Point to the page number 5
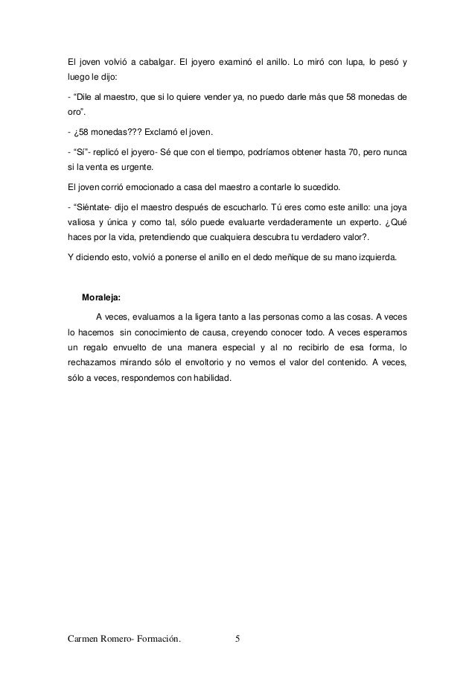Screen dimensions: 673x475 pyautogui.click(x=238, y=639)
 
